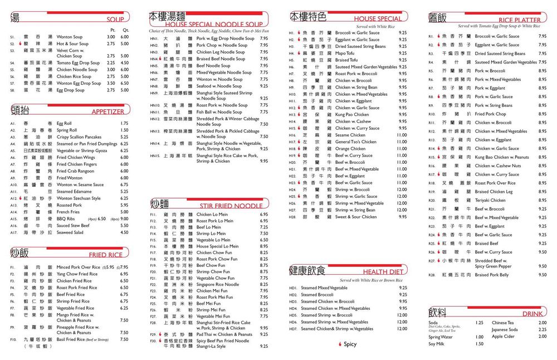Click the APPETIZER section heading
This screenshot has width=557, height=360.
click(108, 111)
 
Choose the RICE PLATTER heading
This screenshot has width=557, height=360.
click(519, 20)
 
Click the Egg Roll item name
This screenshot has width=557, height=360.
click(64, 123)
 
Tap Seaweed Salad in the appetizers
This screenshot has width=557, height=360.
click(70, 232)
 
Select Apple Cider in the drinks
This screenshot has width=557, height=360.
click(504, 336)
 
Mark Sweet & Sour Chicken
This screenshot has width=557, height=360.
click(356, 217)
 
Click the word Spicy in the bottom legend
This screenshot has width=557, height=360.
click(350, 344)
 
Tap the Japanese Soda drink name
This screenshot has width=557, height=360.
click(505, 329)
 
